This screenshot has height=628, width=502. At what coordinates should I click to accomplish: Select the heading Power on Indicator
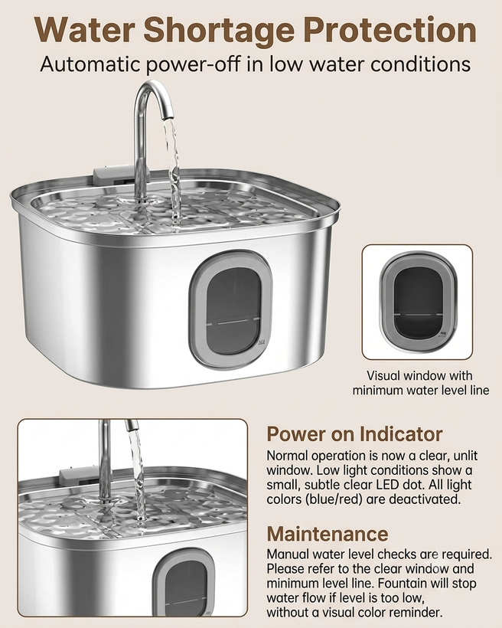pyautogui.click(x=354, y=433)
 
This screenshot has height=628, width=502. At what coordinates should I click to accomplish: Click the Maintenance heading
pyautogui.click(x=328, y=534)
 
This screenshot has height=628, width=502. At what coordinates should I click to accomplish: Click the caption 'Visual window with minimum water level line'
pyautogui.click(x=420, y=383)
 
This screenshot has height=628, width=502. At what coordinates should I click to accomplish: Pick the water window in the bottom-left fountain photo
pyautogui.click(x=183, y=582)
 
